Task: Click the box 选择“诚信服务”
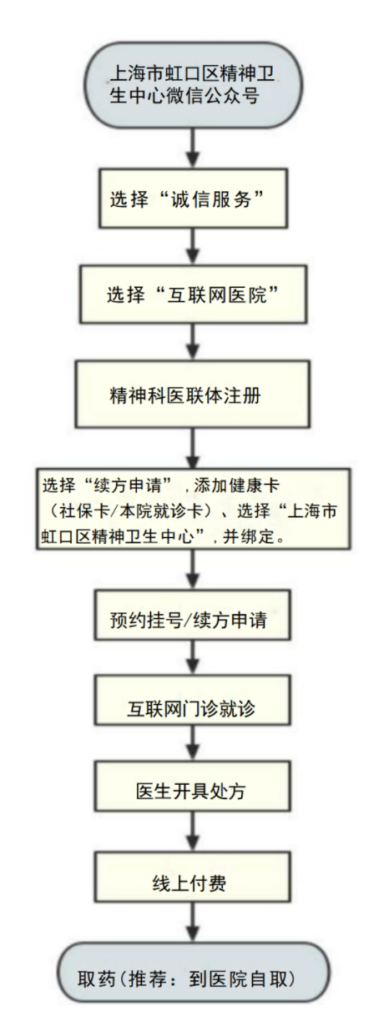[x=194, y=199]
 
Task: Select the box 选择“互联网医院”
[x=194, y=294]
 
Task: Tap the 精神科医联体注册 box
[x=193, y=395]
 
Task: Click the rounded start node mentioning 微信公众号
[x=194, y=85]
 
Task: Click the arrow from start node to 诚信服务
[x=194, y=148]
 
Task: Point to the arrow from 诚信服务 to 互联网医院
[x=194, y=246]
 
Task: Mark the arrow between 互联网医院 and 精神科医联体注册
[x=194, y=342]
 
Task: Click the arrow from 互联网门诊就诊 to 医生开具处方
[x=194, y=743]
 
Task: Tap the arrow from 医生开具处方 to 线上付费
[x=194, y=831]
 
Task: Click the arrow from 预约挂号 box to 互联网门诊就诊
[x=194, y=657]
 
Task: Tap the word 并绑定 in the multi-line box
[x=248, y=537]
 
